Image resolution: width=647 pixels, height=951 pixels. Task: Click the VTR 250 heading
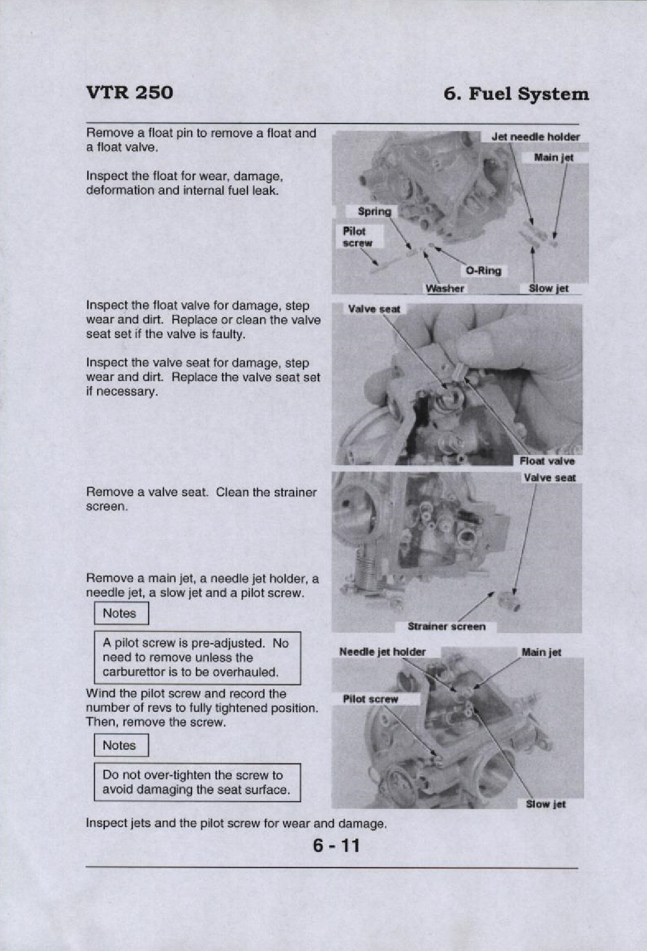[x=130, y=92]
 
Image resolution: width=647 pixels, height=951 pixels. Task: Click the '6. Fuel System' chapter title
[x=516, y=94]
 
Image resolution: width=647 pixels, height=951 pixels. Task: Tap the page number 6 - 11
[x=336, y=845]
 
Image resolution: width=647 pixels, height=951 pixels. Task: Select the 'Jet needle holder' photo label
[x=535, y=137]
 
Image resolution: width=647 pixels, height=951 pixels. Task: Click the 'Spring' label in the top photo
[x=374, y=211]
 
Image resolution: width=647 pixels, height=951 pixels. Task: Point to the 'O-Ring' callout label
[x=483, y=271]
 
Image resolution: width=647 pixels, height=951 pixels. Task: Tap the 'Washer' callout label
[x=445, y=289]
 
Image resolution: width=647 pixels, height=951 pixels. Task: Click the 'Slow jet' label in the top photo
[x=548, y=289]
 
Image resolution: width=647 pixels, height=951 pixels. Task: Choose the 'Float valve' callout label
[x=547, y=461]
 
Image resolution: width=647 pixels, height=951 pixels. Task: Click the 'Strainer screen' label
[x=446, y=627]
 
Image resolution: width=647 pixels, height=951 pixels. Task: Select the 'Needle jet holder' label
[x=382, y=652]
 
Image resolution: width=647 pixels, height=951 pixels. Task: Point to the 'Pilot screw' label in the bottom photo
[x=370, y=699]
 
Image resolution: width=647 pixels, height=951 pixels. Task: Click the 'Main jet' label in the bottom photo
[x=541, y=652]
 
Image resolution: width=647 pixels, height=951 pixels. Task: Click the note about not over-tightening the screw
[x=197, y=783]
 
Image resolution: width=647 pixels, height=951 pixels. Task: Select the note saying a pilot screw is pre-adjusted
[x=197, y=657]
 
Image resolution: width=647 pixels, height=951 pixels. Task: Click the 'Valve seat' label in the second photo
[x=374, y=310]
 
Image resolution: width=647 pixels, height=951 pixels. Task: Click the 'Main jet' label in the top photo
[x=554, y=158]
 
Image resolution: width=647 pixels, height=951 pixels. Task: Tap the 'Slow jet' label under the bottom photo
[x=545, y=804]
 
